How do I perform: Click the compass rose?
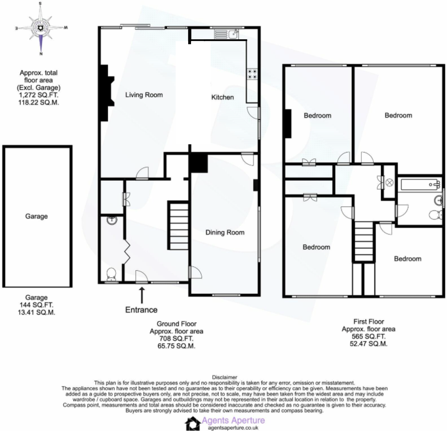click(x=41, y=29)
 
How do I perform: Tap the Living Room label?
click(x=144, y=95)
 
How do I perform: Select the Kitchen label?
click(x=222, y=97)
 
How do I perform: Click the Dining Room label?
click(x=225, y=233)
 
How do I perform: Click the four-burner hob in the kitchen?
click(x=252, y=74)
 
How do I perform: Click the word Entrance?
click(x=141, y=310)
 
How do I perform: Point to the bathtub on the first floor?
click(x=420, y=185)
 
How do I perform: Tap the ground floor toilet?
click(x=111, y=274)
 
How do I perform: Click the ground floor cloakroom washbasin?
click(x=112, y=220)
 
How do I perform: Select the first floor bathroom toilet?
click(x=436, y=215)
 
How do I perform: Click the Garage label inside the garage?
click(x=36, y=216)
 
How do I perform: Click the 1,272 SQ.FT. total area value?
click(x=38, y=95)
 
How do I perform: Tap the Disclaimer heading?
click(x=224, y=377)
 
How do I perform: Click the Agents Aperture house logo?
click(x=192, y=423)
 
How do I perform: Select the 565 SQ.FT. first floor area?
click(x=368, y=336)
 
